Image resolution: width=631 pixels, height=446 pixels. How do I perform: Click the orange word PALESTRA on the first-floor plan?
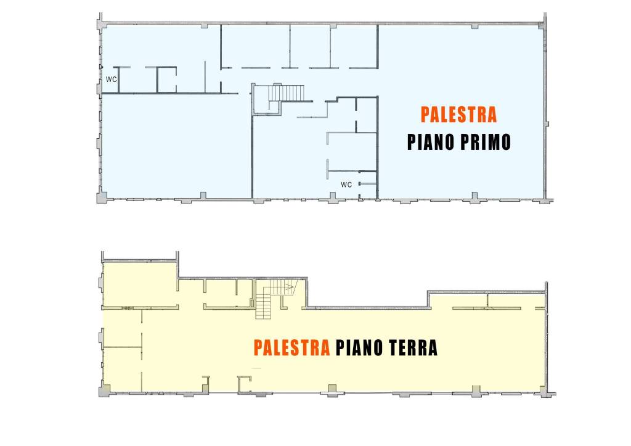tap(458, 115)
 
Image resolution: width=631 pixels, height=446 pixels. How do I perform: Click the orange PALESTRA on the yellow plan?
tap(291, 348)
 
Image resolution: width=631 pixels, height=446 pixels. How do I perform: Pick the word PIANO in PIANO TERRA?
tap(360, 348)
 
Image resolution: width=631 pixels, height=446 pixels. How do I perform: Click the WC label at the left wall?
tap(111, 80)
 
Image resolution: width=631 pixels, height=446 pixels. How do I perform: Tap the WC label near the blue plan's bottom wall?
tap(346, 184)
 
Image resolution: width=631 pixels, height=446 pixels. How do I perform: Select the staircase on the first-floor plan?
tap(286, 93)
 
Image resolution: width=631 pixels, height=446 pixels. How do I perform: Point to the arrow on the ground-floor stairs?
tap(288, 287)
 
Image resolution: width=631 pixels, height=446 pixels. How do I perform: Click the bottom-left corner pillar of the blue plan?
tap(102, 197)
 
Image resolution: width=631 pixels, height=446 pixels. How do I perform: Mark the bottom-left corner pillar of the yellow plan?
tap(104, 391)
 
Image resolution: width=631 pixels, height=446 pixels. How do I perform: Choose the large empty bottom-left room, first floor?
tap(177, 146)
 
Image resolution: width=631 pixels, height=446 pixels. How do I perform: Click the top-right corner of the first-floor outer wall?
tap(545, 23)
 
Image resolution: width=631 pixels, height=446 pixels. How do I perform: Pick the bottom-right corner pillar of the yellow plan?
tap(545, 392)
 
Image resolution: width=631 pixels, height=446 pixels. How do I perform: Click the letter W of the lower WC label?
tap(344, 184)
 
